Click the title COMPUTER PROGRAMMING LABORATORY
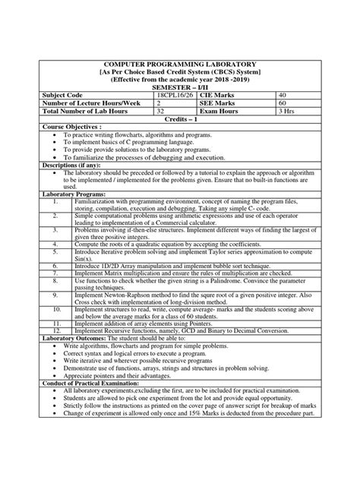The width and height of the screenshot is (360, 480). click(179, 65)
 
